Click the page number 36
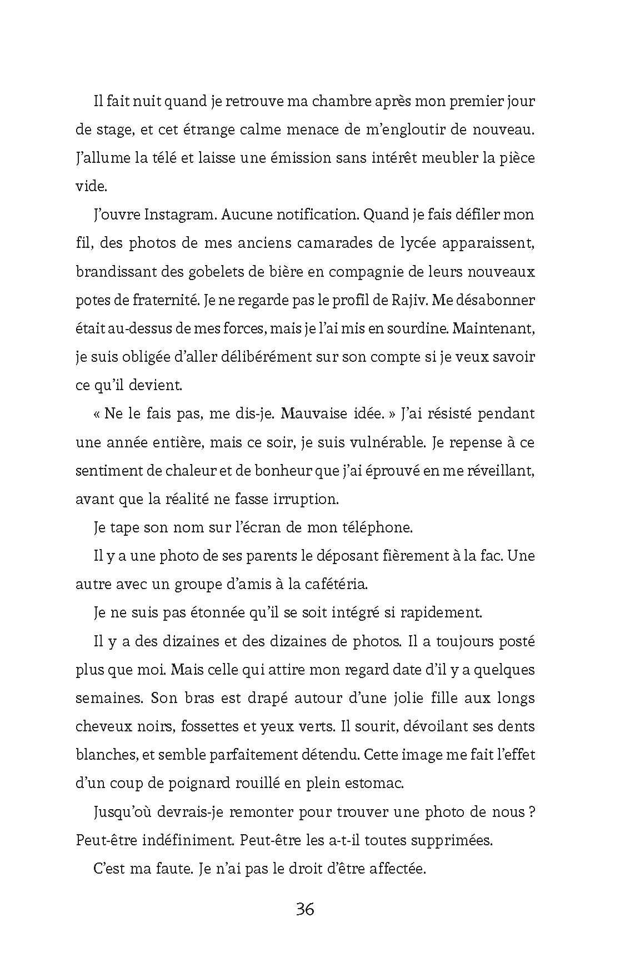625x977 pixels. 305,910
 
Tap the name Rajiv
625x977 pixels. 408,301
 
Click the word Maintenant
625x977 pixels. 494,329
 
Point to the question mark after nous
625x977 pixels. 532,812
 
